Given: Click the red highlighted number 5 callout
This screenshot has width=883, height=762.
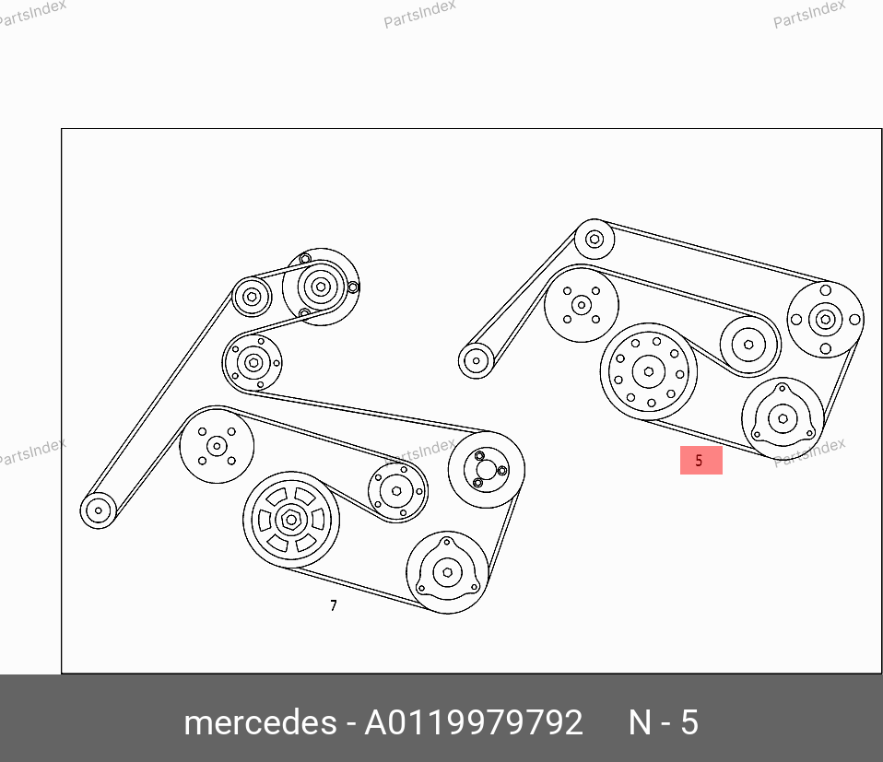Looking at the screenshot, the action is [x=701, y=461].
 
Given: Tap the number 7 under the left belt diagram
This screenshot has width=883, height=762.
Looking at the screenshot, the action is [x=334, y=605].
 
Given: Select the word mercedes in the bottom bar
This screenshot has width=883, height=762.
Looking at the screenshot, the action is [x=260, y=722].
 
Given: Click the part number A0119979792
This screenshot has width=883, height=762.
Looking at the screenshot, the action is [x=474, y=722].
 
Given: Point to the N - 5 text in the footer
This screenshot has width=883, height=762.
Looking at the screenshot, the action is [x=664, y=722].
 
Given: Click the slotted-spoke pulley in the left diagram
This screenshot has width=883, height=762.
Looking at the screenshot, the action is [x=291, y=520].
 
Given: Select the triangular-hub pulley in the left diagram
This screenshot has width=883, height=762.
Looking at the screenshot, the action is [x=448, y=572].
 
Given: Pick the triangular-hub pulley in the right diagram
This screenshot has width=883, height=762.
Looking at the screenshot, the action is [x=783, y=418].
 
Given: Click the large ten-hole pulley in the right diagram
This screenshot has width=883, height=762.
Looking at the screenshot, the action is [x=649, y=371].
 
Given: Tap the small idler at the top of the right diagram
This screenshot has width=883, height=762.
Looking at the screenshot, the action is [x=595, y=240].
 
